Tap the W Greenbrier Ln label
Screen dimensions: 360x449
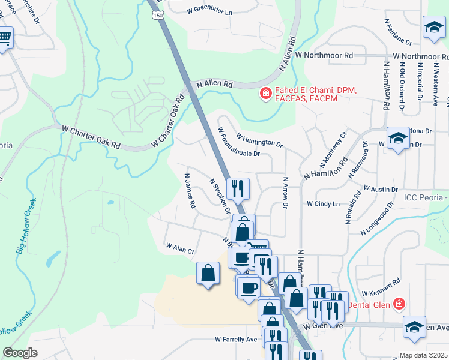[x=209, y=10]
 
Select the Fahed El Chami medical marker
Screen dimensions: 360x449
[x=264, y=94]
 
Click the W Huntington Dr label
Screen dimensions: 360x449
[x=259, y=139]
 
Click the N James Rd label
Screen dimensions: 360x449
[x=190, y=194]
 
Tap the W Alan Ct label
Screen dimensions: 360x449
[x=180, y=247]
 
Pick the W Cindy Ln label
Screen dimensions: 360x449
[x=323, y=203]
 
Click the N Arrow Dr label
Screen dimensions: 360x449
[x=286, y=193]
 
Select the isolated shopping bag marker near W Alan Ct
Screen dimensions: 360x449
[x=207, y=274]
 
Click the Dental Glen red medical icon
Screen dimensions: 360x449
[x=397, y=304]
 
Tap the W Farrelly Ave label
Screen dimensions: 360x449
[x=236, y=340]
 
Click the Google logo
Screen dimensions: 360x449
[x=20, y=353]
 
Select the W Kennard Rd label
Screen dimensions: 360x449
[x=381, y=286]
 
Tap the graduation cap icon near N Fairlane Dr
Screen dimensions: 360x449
[x=433, y=27]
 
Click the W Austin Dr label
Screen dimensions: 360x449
[x=381, y=188]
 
